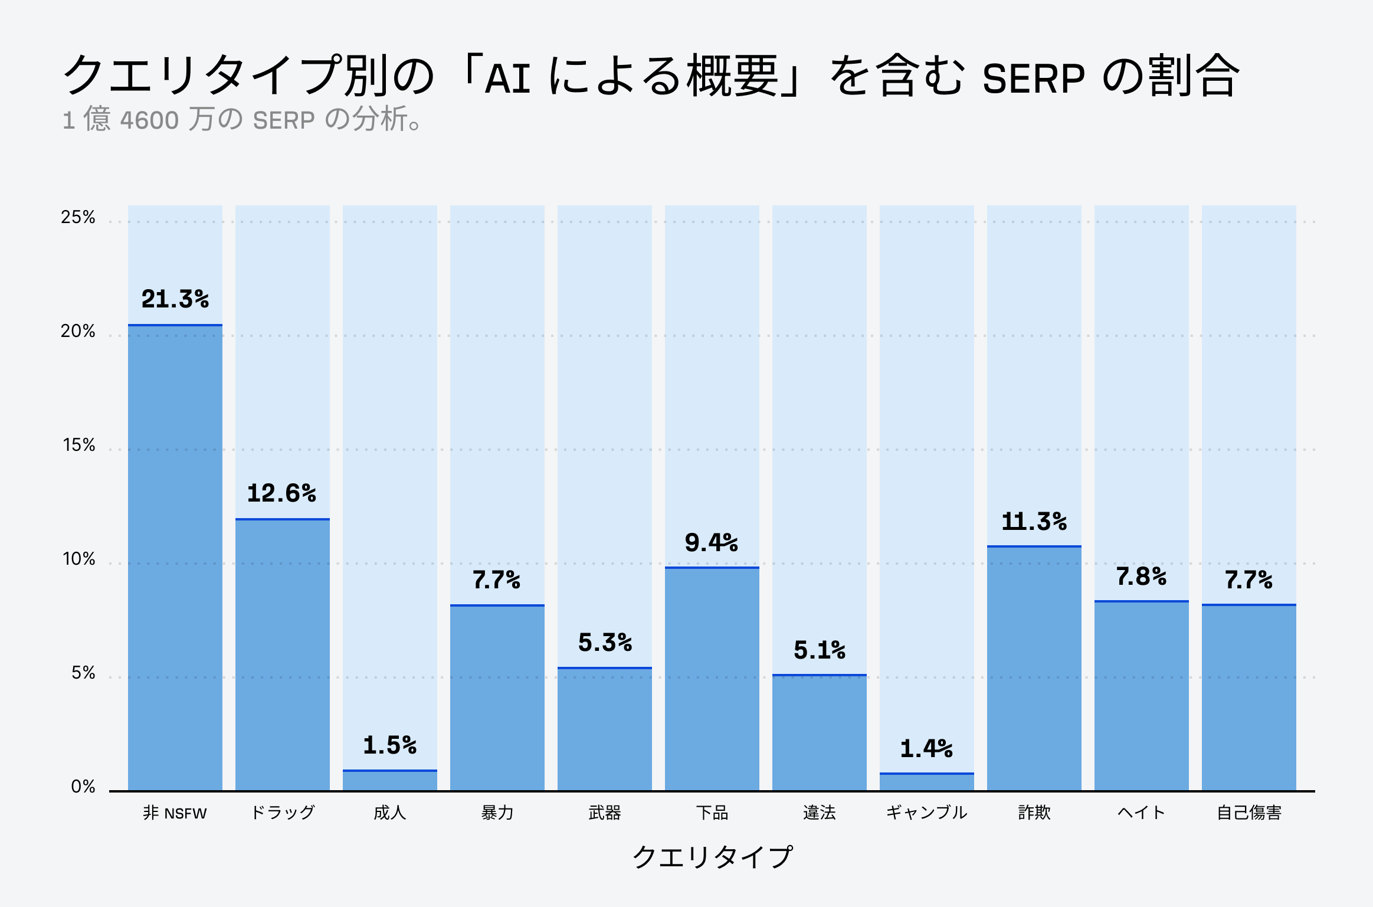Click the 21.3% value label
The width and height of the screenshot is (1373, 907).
click(x=175, y=299)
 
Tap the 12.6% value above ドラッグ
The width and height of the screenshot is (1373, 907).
click(x=282, y=493)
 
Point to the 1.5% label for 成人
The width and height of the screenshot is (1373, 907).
click(x=390, y=745)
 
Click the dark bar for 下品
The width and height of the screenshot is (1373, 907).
click(x=712, y=679)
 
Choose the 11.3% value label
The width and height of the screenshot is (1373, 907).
click(x=1034, y=522)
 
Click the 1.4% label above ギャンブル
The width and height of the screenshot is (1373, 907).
click(x=926, y=749)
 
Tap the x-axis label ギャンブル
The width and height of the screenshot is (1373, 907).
click(x=926, y=813)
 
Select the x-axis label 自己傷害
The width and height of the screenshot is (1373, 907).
click(x=1249, y=813)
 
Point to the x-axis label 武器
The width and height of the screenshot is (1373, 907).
click(x=605, y=813)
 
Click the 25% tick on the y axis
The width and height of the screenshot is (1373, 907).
click(x=78, y=217)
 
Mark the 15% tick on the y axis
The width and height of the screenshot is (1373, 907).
click(x=78, y=445)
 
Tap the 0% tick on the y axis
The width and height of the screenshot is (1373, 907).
click(x=83, y=787)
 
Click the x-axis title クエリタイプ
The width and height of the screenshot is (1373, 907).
click(x=712, y=857)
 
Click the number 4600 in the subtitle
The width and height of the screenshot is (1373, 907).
click(x=149, y=120)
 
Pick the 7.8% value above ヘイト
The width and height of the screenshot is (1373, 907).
click(x=1141, y=577)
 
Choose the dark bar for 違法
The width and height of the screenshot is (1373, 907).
click(x=820, y=732)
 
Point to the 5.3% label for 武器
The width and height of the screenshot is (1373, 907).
click(x=605, y=643)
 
